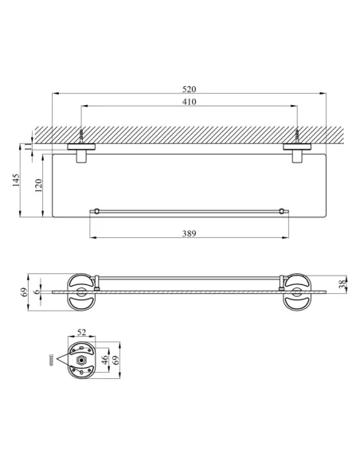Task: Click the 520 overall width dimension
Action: [190, 89]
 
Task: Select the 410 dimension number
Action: [190, 102]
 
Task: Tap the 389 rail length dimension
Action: [190, 233]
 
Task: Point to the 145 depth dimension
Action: [16, 180]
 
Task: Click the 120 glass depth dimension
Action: [38, 186]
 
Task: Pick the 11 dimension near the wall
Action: [28, 146]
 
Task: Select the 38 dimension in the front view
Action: [342, 283]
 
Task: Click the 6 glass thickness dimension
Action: [37, 291]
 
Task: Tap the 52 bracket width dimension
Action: [81, 333]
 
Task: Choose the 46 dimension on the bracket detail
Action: [104, 360]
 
